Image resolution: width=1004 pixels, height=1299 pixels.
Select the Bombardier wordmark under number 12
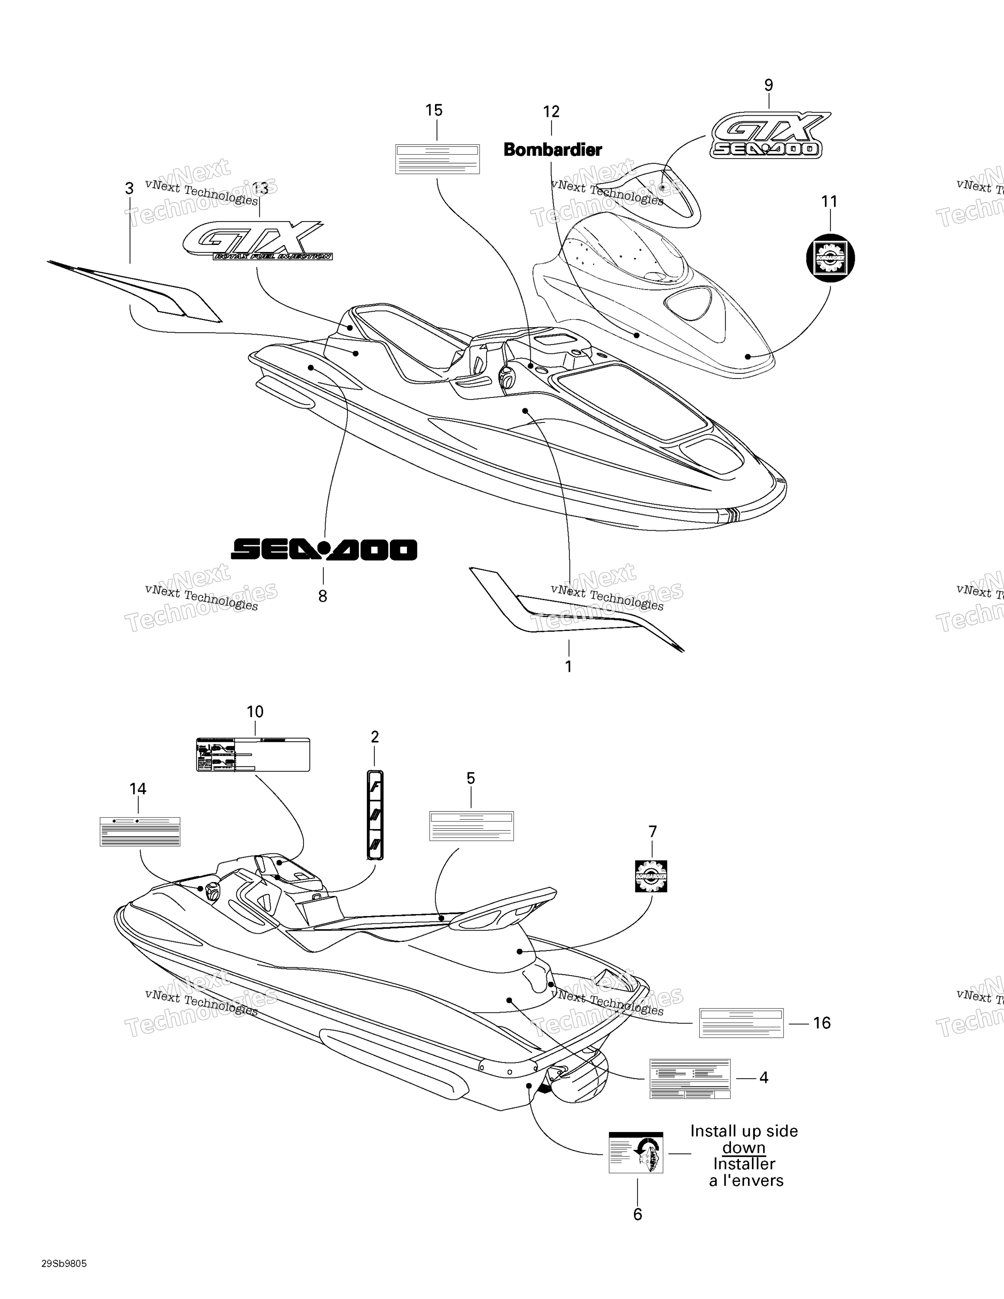(x=552, y=150)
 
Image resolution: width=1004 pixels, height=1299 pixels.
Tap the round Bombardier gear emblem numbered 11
(x=830, y=257)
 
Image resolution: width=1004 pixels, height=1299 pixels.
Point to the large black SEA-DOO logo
(x=324, y=550)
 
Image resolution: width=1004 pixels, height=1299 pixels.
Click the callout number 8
(x=322, y=596)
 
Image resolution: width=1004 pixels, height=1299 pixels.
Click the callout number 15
(x=434, y=111)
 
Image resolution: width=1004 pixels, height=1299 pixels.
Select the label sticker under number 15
(x=437, y=159)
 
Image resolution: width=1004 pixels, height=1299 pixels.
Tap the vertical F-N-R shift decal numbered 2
(x=375, y=815)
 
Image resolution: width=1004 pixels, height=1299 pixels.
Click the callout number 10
(x=255, y=711)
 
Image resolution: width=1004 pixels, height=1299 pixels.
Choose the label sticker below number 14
(x=140, y=831)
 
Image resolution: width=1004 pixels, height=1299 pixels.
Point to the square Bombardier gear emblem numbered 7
(x=651, y=876)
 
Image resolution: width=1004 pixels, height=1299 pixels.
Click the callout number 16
(x=822, y=1023)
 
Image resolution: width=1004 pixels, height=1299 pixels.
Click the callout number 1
(x=569, y=667)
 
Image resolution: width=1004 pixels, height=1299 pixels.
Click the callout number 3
(x=129, y=189)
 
